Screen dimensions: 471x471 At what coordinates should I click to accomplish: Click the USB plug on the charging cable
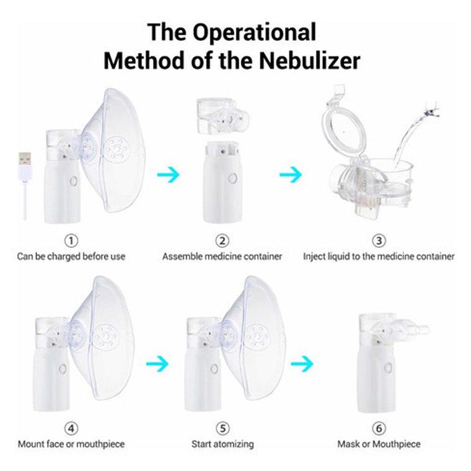pyautogui.click(x=24, y=165)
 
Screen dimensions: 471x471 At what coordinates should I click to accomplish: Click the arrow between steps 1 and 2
pyautogui.click(x=168, y=175)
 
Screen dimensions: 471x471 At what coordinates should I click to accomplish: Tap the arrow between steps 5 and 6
pyautogui.click(x=302, y=363)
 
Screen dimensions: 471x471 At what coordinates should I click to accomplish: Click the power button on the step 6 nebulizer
pyautogui.click(x=387, y=368)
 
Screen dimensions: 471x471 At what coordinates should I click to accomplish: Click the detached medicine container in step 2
pyautogui.click(x=221, y=115)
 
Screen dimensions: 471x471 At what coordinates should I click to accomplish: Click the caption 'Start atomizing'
pyautogui.click(x=222, y=444)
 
